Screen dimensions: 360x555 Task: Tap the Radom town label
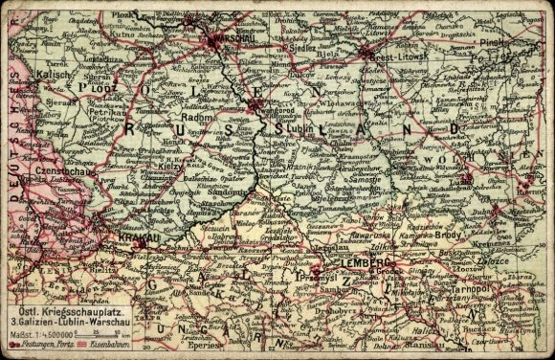(196, 121)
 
